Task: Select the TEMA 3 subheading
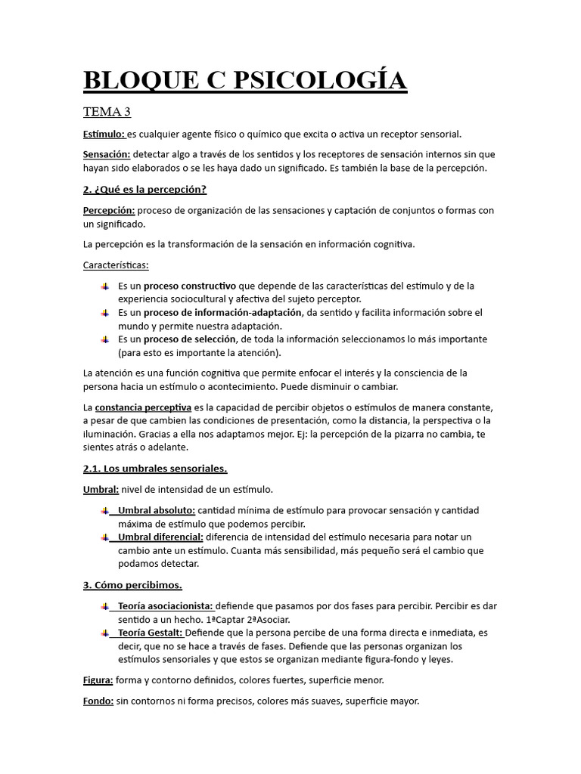pos(107,112)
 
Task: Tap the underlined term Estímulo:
pos(104,134)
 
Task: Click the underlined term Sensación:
pos(107,154)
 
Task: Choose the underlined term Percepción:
pos(109,210)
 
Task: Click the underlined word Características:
pos(116,265)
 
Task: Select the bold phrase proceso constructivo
pos(190,286)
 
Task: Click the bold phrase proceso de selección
pos(191,339)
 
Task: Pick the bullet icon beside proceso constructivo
pos(104,286)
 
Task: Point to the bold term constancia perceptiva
pos(143,407)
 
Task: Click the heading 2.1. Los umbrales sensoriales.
pos(155,468)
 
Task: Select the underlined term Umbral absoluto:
pos(157,510)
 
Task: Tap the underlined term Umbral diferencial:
pos(160,537)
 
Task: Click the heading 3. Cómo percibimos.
pos(132,585)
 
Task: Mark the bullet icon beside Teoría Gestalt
pos(104,633)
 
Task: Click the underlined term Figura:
pos(98,680)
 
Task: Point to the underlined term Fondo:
pos(98,701)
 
